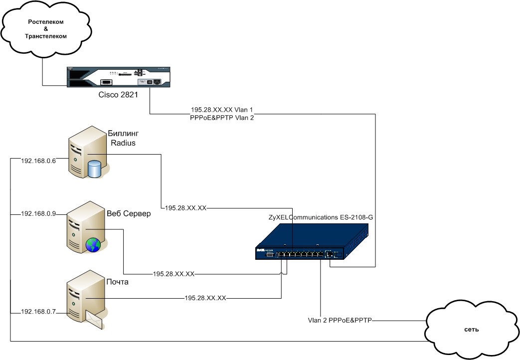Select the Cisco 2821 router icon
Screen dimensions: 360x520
[119, 77]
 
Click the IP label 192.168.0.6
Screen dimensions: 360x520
[38, 161]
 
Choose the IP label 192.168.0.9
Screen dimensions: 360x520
[38, 213]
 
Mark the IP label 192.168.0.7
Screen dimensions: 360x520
[38, 312]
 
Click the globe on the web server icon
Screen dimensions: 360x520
[93, 244]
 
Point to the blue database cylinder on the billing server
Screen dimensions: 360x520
[94, 169]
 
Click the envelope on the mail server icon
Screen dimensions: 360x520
[95, 318]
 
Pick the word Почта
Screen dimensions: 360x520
[118, 282]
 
